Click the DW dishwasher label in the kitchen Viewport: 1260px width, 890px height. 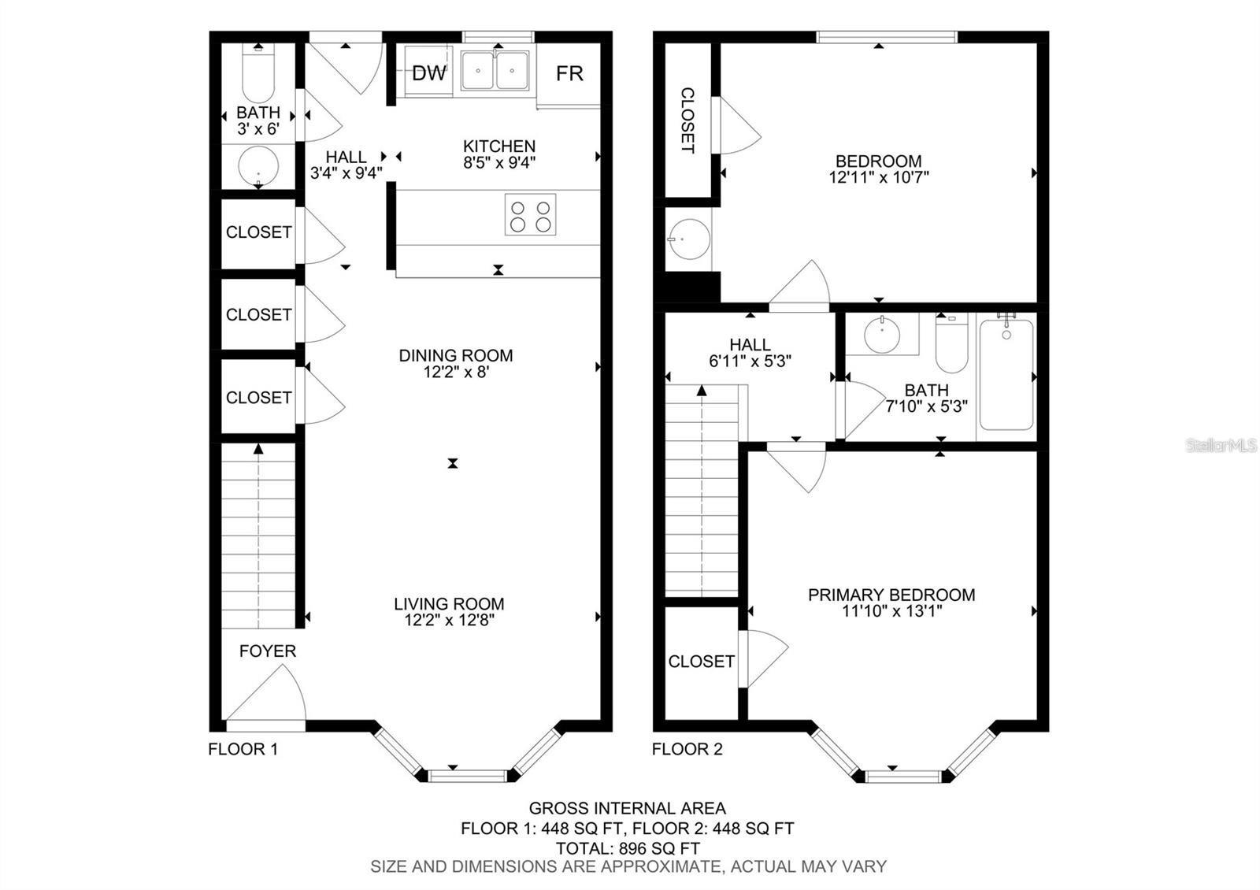(x=429, y=73)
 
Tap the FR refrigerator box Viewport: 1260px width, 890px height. (x=569, y=73)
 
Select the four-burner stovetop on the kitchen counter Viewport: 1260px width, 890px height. (x=530, y=214)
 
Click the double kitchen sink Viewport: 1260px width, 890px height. (x=495, y=71)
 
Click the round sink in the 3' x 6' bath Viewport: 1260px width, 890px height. (x=258, y=166)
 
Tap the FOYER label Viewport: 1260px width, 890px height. (x=268, y=651)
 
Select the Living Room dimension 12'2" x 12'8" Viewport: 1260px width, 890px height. (x=449, y=620)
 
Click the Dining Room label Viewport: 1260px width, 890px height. (x=455, y=355)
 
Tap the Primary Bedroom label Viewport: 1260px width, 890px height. (x=891, y=595)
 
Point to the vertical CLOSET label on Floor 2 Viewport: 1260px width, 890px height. (x=687, y=120)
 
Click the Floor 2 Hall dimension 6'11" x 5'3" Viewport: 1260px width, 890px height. (x=750, y=361)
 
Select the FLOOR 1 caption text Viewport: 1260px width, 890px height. (x=243, y=749)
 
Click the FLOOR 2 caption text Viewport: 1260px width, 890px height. (x=687, y=749)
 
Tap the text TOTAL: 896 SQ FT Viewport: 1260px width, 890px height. (x=628, y=848)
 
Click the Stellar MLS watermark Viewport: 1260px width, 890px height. (x=1221, y=446)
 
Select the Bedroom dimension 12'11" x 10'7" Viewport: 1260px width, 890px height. (x=879, y=177)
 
